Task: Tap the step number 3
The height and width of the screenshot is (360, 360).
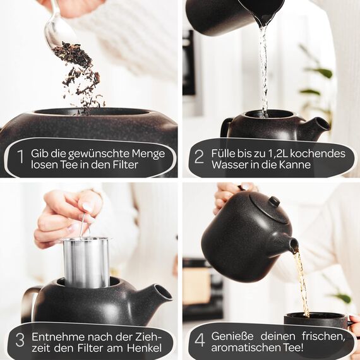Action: point(20,339)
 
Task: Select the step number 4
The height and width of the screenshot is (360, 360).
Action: point(199,339)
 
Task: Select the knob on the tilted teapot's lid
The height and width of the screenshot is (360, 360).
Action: point(274,201)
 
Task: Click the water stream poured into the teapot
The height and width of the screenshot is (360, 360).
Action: point(263,69)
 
